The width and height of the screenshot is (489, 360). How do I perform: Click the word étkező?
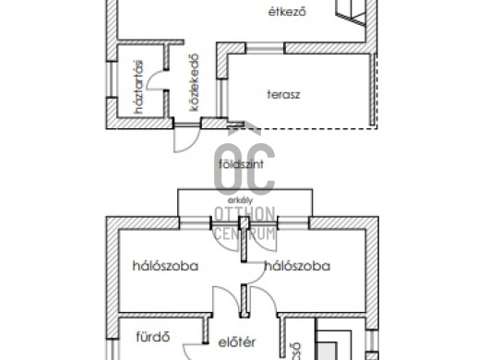(x=284, y=13)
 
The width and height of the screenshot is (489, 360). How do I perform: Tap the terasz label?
(x=284, y=93)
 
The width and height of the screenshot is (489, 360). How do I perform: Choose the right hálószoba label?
(x=297, y=266)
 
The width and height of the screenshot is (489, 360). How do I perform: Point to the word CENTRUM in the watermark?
(x=244, y=235)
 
